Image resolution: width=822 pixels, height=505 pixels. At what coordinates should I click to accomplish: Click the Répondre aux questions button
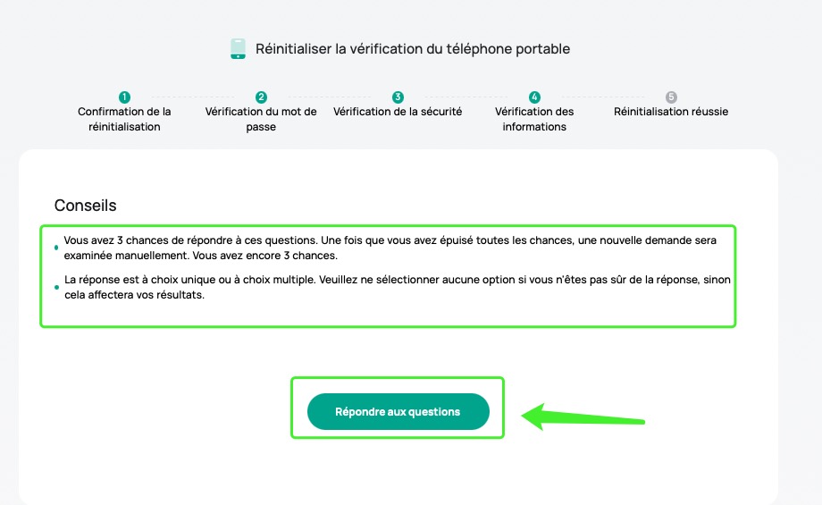pos(398,412)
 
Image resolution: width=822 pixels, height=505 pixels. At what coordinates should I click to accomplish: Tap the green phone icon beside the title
pos(238,49)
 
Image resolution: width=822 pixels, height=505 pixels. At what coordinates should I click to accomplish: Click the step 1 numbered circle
pos(124,97)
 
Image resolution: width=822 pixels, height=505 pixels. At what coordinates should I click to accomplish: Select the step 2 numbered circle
pos(261,97)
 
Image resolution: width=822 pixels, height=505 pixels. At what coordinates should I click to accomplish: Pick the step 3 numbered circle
pos(398,97)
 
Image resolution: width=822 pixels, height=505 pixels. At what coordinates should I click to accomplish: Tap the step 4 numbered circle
pos(534,97)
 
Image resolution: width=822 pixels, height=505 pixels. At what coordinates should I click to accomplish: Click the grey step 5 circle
pos(671,97)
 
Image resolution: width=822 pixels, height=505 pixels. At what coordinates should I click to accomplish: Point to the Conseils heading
pos(86,206)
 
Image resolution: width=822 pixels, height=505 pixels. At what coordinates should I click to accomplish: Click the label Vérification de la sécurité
pos(398,112)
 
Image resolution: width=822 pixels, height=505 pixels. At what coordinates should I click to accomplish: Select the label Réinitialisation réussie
pos(671,112)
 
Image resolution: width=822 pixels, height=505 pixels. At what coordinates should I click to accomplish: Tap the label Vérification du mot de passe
pos(261,119)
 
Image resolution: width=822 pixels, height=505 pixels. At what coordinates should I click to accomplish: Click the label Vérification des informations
pos(534,119)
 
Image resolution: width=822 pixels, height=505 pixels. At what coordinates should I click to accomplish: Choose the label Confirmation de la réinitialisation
pos(124,119)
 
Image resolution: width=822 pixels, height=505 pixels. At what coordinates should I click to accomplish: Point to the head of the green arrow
pos(523,417)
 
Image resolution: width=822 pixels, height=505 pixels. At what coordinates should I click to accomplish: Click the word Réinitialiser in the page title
pos(294,49)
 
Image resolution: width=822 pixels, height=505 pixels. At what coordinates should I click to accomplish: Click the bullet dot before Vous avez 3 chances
pos(56,248)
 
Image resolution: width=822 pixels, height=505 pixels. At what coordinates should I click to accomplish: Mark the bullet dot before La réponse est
pos(56,288)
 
